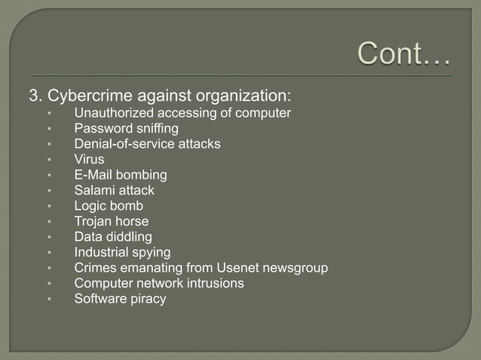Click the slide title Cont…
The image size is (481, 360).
403,53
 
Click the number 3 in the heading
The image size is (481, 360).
33,96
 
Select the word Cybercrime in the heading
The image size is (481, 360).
84,96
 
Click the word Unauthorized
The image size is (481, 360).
112,114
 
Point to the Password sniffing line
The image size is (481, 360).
126,129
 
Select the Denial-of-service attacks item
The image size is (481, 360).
147,144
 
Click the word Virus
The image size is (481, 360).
89,160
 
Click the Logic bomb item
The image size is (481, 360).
109,206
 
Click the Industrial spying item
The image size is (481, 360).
122,252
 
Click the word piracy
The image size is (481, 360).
147,299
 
